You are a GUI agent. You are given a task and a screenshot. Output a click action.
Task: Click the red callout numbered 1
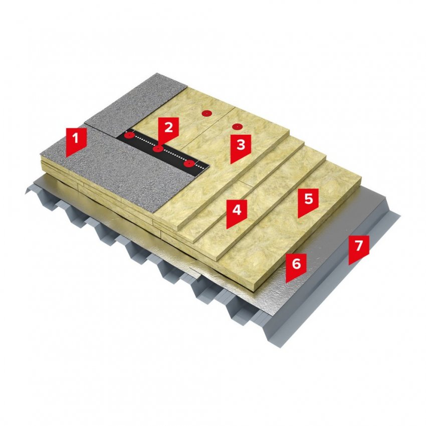76,142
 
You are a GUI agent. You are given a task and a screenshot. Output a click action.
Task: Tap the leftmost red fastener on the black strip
129,135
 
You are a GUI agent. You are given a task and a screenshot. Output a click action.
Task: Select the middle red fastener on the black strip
158,149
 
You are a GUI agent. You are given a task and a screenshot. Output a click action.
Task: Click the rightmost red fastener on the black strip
189,163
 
